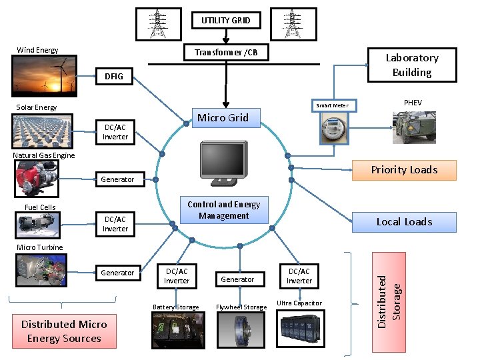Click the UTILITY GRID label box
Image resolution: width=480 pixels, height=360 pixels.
226,20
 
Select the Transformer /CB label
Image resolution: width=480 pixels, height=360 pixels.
226,53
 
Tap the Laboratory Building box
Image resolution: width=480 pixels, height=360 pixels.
412,65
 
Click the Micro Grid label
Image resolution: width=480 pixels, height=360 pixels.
223,118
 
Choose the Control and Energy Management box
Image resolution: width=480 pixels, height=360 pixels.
223,210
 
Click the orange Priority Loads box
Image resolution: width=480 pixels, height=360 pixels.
404,170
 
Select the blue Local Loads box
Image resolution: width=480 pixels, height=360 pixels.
404,222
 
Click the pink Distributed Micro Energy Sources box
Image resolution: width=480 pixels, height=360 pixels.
64,331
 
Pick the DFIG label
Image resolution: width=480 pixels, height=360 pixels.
114,77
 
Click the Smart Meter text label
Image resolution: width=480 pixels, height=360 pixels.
332,105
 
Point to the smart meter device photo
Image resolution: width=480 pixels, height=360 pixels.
332,127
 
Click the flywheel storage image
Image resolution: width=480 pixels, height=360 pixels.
239,329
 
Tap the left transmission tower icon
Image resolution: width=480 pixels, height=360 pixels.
158,24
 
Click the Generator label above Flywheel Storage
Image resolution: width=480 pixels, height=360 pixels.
237,279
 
